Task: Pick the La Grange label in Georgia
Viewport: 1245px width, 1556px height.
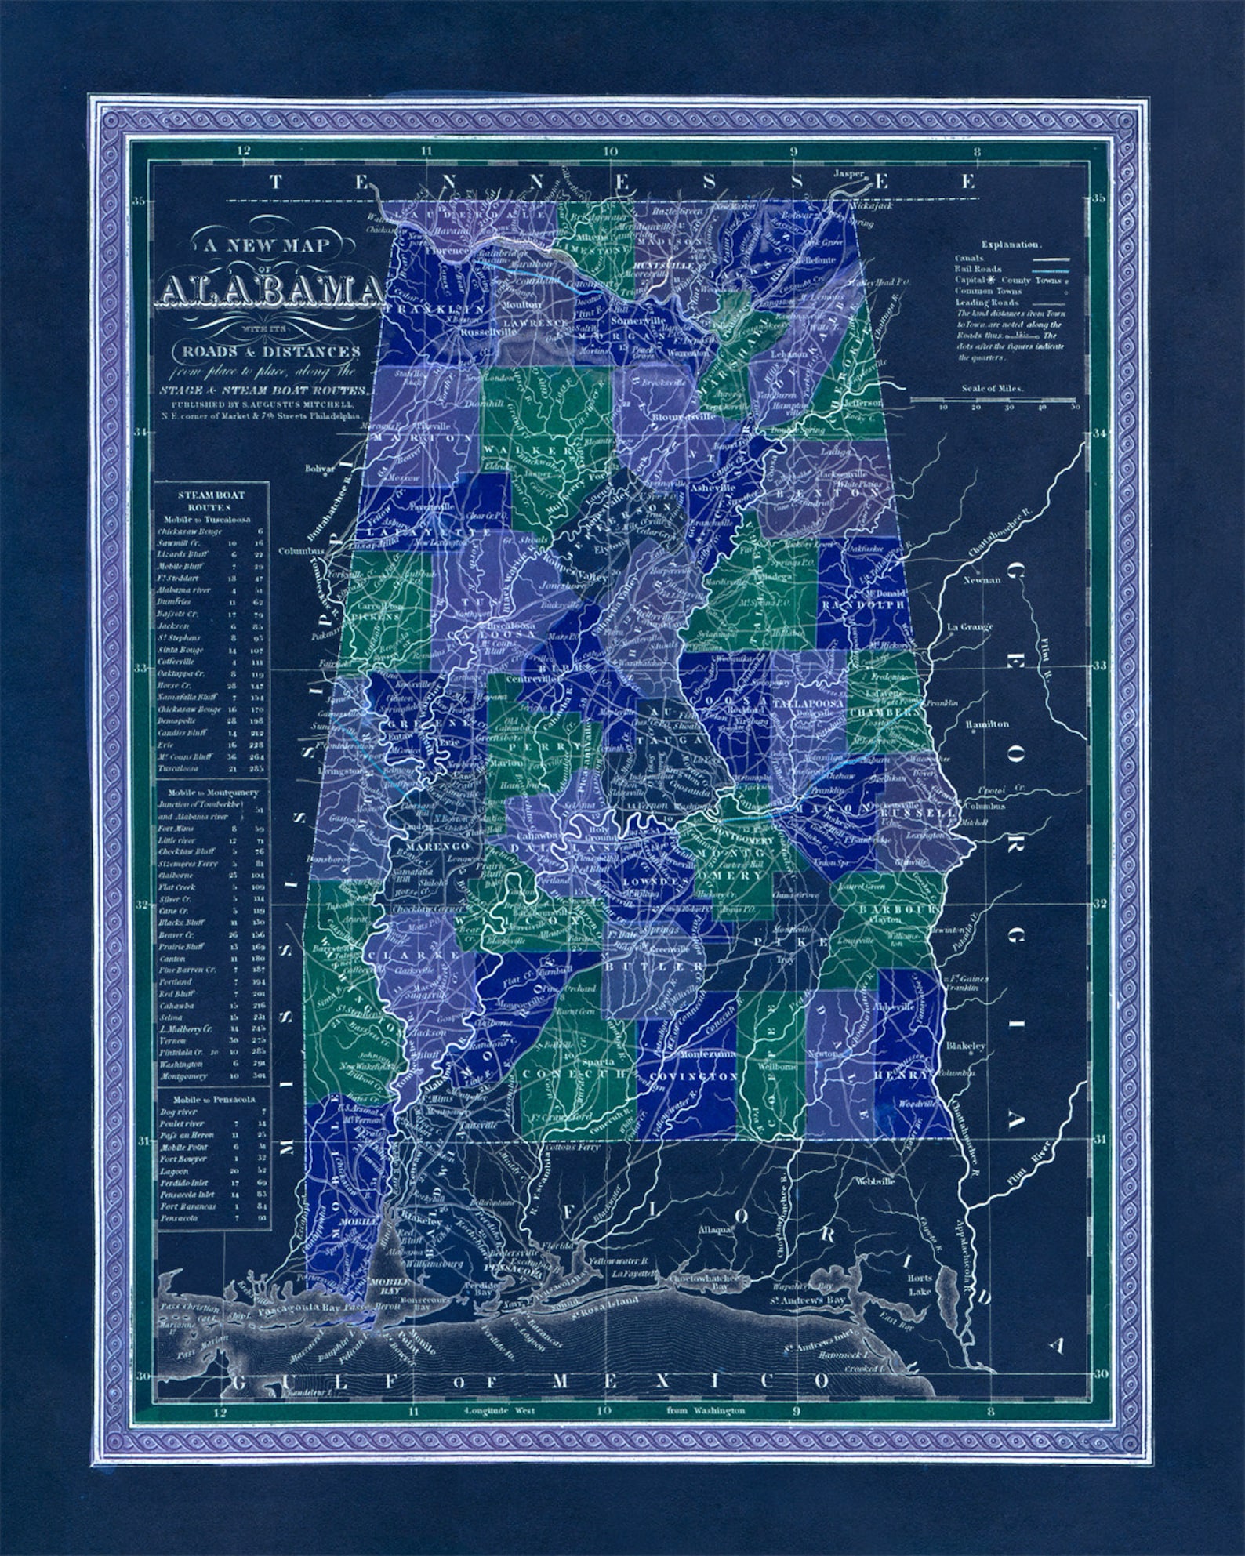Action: tap(970, 627)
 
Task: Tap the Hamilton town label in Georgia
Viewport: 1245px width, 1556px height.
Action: tap(987, 724)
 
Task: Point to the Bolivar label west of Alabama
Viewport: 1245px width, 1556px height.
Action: tap(321, 469)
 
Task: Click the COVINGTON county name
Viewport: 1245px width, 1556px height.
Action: tap(688, 1077)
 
